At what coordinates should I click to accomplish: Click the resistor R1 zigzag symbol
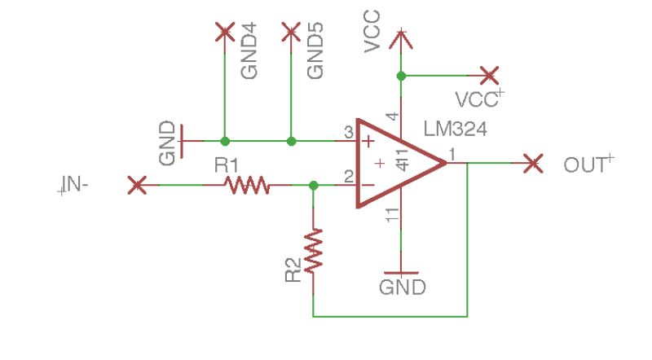(248, 186)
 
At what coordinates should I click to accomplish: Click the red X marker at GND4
(224, 33)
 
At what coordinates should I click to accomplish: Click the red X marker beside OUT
(532, 164)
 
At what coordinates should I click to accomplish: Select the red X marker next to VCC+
(489, 76)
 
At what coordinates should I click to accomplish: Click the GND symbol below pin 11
(401, 274)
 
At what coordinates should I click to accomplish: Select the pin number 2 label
(348, 176)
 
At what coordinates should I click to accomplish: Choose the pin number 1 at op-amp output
(453, 153)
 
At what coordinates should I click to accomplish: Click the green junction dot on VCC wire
(400, 76)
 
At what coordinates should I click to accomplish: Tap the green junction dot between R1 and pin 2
(314, 186)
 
